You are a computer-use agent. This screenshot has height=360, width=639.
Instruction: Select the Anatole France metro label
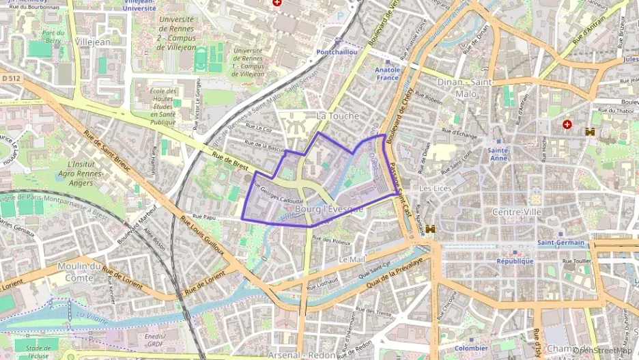pyautogui.click(x=388, y=73)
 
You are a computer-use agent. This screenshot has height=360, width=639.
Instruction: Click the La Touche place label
pyautogui.click(x=337, y=116)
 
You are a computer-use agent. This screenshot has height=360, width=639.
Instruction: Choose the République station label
pyautogui.click(x=515, y=261)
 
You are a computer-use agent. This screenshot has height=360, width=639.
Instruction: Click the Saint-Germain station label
pyautogui.click(x=561, y=243)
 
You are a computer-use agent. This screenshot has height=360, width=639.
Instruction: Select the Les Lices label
pyautogui.click(x=434, y=188)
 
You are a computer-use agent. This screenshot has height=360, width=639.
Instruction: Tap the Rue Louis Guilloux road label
pyautogui.click(x=202, y=236)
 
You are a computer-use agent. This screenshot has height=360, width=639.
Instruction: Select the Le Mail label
pyautogui.click(x=352, y=260)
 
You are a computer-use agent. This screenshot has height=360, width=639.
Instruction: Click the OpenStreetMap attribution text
pyautogui.click(x=605, y=350)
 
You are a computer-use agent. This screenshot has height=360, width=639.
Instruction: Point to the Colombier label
pyautogui.click(x=471, y=348)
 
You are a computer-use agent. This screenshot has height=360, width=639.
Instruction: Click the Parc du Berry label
pyautogui.click(x=53, y=36)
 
